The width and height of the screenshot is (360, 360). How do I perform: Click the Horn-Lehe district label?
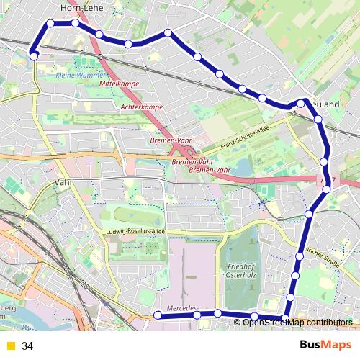click(83, 8)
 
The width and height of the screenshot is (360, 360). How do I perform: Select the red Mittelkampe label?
click(118, 84)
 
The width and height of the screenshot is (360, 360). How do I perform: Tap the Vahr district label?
click(65, 183)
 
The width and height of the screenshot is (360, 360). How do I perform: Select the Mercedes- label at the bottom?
click(181, 309)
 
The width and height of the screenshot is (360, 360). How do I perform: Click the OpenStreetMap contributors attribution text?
click(297, 323)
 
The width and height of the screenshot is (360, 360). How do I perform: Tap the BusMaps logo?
click(326, 345)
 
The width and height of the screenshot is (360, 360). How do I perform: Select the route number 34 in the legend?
click(27, 346)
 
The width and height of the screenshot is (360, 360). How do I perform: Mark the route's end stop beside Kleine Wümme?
click(33, 55)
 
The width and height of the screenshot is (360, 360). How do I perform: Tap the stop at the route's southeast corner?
click(286, 318)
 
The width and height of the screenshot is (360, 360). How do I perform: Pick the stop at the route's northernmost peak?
click(168, 32)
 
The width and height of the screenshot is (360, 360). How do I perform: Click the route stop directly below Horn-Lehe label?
click(75, 23)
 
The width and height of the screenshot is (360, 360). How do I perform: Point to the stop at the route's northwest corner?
click(50, 23)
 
